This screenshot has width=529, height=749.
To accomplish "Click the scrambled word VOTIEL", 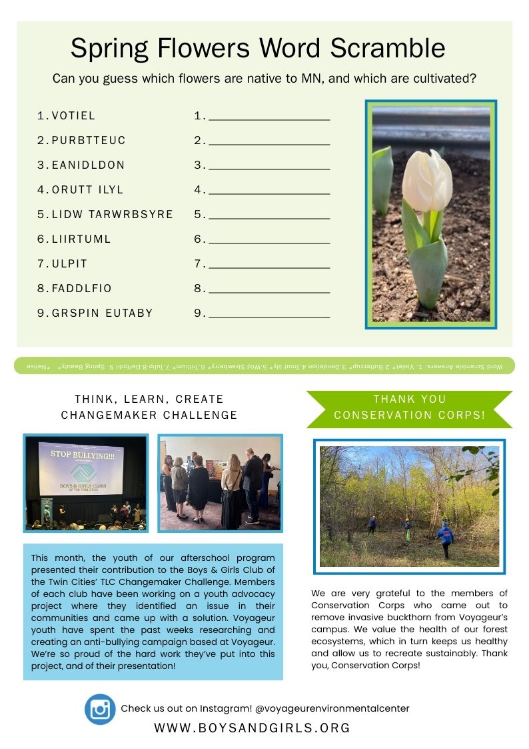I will (74, 115).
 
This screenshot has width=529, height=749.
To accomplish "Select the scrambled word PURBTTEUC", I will (89, 140).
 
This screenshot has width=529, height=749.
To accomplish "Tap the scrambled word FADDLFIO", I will (82, 288).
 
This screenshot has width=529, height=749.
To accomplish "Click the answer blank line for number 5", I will (269, 217).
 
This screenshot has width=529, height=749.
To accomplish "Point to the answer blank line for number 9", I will (269, 316).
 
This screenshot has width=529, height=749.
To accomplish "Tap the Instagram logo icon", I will (101, 708).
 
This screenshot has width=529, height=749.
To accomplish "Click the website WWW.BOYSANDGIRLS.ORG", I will (252, 728).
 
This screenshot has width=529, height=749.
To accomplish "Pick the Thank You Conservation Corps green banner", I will (409, 407).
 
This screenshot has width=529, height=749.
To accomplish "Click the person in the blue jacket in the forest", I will (444, 537).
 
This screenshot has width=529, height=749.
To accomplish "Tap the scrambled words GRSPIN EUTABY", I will (103, 313).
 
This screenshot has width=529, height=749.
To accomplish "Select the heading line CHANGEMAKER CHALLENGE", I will (149, 415).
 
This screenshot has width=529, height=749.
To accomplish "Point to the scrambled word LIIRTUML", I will (82, 239).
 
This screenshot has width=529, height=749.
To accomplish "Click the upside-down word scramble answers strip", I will (264, 366).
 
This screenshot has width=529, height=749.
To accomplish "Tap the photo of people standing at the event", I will (220, 483).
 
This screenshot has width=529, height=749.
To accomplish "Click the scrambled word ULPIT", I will (70, 263).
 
